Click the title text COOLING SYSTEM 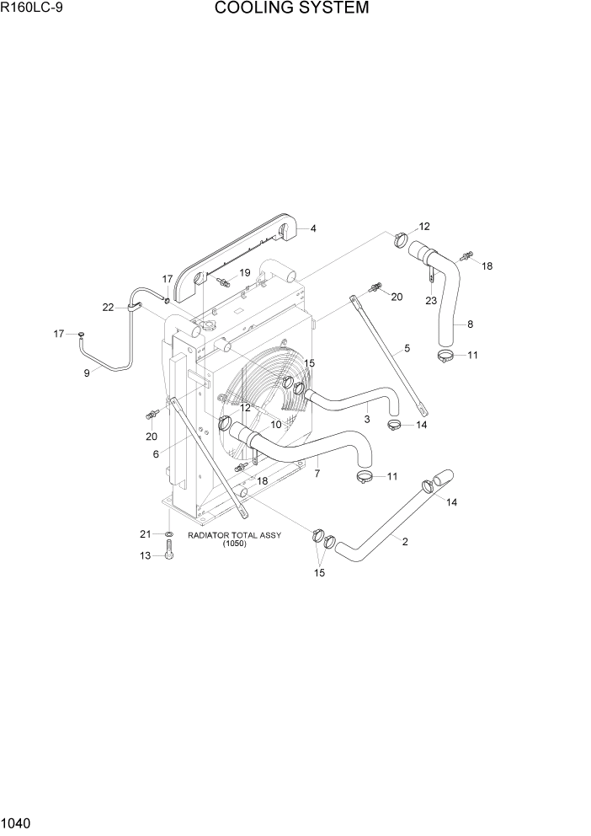(x=291, y=9)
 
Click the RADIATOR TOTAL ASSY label (x=234, y=535)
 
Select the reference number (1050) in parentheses (x=234, y=544)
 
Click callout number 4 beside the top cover (x=313, y=228)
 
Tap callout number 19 (x=245, y=273)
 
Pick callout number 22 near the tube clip (x=108, y=308)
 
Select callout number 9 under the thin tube (x=86, y=373)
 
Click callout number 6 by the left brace (x=156, y=454)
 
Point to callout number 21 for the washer (x=144, y=534)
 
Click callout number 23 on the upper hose (x=430, y=301)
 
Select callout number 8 (x=470, y=323)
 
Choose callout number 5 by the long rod (x=407, y=348)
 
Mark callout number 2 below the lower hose (x=405, y=542)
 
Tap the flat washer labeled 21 (x=169, y=535)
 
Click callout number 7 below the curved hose (x=317, y=474)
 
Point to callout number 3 (x=366, y=419)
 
